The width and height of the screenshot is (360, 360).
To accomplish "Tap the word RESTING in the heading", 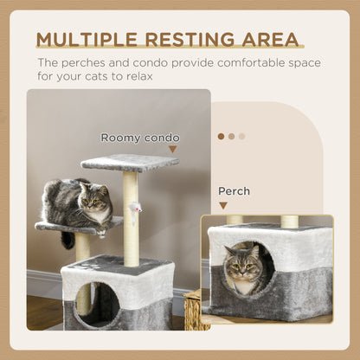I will click(x=197, y=40).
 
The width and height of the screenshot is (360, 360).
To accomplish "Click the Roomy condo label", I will click(x=140, y=138).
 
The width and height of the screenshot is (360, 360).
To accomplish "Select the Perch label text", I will click(x=234, y=191).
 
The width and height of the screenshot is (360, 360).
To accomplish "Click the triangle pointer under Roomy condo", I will click(x=172, y=150).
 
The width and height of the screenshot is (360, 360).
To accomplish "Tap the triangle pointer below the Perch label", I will click(x=223, y=206).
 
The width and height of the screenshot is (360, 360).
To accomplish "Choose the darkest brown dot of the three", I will click(x=221, y=136).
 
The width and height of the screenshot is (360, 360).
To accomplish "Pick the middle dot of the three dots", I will click(x=231, y=136).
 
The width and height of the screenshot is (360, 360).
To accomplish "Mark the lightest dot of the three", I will click(x=241, y=136).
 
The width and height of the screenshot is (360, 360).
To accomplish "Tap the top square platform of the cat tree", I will click(x=129, y=162).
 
